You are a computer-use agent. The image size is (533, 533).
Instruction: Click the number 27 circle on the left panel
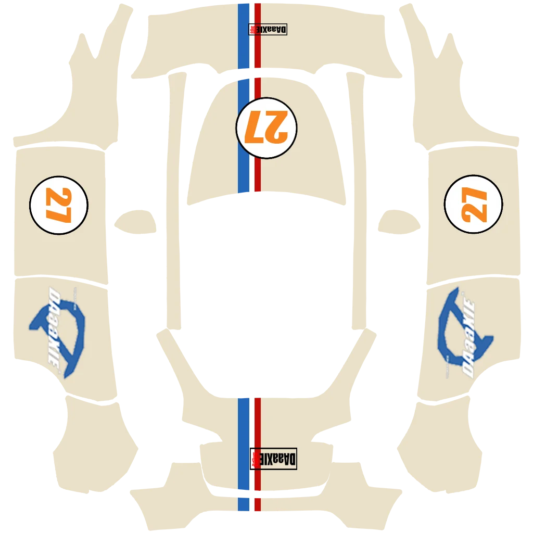click(x=59, y=205)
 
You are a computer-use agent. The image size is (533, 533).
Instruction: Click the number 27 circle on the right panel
click(x=473, y=205)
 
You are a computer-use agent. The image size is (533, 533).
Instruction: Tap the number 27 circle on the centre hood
click(x=266, y=128)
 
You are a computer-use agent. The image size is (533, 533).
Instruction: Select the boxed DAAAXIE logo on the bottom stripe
click(x=273, y=458)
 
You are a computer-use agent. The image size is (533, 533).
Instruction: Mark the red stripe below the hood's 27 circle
click(x=258, y=172)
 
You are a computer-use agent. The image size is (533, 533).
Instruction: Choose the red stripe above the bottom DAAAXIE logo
click(x=258, y=422)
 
